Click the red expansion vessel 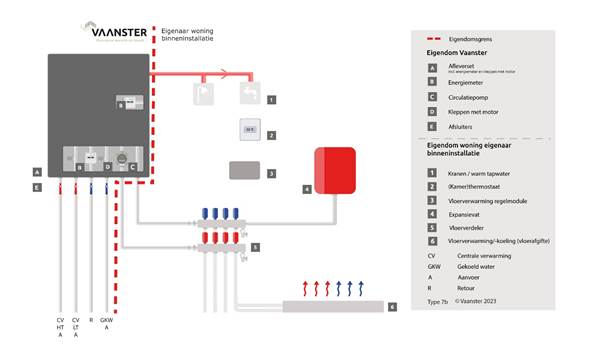[x=335, y=169]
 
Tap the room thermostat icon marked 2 [x=249, y=130]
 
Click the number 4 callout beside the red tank [x=307, y=187]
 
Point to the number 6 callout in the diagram [x=392, y=306]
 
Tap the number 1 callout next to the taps [x=271, y=100]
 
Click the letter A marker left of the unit [x=36, y=171]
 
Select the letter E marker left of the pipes [x=36, y=187]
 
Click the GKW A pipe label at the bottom [x=107, y=326]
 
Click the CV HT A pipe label [x=60, y=330]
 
